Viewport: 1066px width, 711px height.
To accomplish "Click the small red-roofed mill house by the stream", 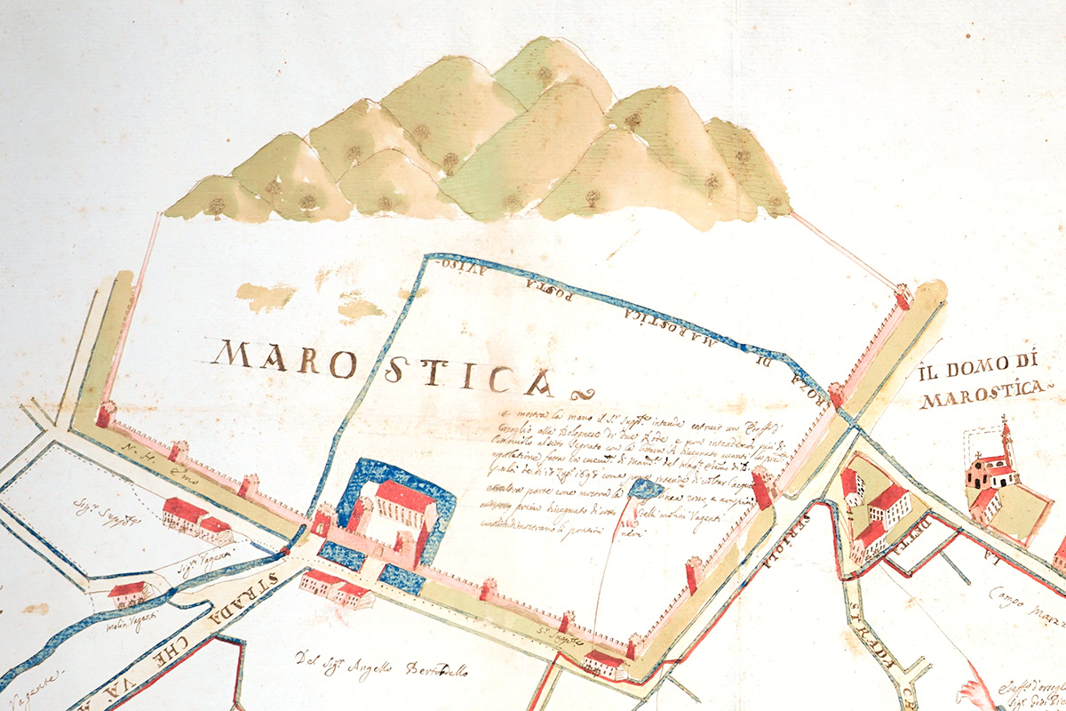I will point(128,592).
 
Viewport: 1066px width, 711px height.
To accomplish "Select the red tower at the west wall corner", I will point(105,413).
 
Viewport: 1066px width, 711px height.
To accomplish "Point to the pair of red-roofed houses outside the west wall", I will point(195,519).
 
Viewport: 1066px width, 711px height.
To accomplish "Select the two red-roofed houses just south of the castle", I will point(334,587).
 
